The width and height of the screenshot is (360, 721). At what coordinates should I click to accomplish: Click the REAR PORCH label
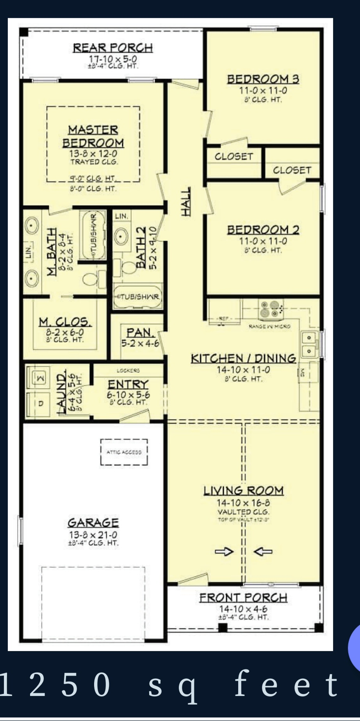(113, 48)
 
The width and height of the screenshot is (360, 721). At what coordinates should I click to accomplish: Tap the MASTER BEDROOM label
(93, 136)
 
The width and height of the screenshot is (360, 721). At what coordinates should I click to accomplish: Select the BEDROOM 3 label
(263, 79)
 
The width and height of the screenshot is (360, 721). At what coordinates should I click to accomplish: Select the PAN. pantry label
(139, 332)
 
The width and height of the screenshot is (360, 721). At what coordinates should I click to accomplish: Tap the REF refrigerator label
(223, 319)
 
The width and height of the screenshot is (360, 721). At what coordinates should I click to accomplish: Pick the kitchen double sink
(309, 344)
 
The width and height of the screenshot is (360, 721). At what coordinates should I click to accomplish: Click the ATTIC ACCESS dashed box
(124, 452)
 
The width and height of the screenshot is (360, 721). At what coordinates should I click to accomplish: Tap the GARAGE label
(93, 523)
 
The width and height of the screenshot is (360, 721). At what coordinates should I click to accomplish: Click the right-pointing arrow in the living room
(225, 551)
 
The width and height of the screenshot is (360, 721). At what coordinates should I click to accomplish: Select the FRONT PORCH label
(243, 598)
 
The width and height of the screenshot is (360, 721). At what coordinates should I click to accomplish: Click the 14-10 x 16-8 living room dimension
(243, 503)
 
